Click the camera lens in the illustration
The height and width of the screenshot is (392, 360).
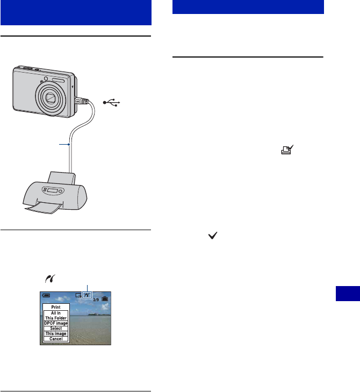(51, 98)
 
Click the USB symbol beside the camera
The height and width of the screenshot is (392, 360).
(115, 102)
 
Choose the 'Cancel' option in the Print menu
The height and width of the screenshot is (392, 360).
(56, 339)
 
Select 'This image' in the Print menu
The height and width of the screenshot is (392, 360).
(56, 333)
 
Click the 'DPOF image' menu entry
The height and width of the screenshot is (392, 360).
(56, 323)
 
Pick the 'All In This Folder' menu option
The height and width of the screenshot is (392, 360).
(56, 315)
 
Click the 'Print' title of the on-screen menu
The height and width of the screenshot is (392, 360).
(56, 307)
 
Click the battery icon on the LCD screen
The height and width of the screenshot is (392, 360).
(45, 295)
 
